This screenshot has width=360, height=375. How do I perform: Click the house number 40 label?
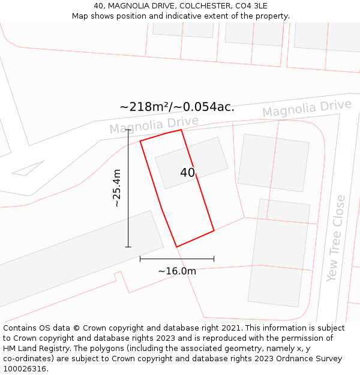(x=187, y=173)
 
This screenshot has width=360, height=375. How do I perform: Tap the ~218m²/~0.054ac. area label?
(x=177, y=107)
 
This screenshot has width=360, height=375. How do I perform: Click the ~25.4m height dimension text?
(x=117, y=188)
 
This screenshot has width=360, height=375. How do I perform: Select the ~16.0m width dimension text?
(x=177, y=271)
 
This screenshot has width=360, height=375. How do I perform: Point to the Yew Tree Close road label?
(x=336, y=238)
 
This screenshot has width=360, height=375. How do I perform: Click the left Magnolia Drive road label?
(x=154, y=125)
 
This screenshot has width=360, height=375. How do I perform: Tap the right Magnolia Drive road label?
(x=307, y=109)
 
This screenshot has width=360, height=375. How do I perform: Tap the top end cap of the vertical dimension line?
(x=128, y=130)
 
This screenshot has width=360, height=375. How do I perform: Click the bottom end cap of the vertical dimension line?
(x=128, y=247)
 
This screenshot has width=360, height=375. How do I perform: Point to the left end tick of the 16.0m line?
(x=140, y=259)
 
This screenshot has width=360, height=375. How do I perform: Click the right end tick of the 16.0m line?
(x=214, y=259)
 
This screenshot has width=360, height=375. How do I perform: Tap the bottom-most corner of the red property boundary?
(x=176, y=247)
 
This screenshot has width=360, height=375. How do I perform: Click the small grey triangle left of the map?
(x=26, y=169)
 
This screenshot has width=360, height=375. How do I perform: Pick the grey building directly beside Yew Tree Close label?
(x=279, y=252)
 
